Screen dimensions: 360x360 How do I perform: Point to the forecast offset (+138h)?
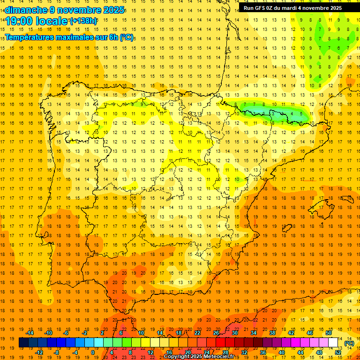(83, 21)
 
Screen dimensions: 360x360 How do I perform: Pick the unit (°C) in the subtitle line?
(127, 37)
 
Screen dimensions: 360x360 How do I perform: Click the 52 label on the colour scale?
(337, 352)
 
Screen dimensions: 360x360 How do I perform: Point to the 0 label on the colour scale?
(93, 352)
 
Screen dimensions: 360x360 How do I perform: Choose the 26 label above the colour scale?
(216, 333)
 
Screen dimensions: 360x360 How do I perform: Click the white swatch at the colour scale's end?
(333, 343)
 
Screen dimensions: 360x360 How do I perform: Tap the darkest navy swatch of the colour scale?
(23, 343)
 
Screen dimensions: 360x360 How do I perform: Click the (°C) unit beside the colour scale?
(349, 343)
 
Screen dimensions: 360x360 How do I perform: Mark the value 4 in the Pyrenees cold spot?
(292, 113)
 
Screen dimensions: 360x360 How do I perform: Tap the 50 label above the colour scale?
(329, 333)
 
